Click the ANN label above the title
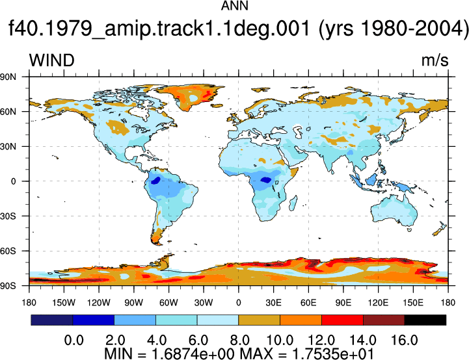tap(234, 5)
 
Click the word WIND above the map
tap(52, 60)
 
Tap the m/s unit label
tap(435, 60)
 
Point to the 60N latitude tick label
tap(8, 112)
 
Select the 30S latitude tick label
tap(8, 216)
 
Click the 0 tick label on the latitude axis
tap(13, 181)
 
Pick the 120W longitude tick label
tap(99, 303)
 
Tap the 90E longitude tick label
tap(343, 303)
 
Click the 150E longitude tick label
tap(413, 303)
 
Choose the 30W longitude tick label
tap(204, 303)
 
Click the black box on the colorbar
tap(425, 320)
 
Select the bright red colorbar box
tap(342, 320)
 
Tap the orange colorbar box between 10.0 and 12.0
tap(301, 320)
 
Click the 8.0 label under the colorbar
tap(239, 341)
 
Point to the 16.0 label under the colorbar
tap(405, 341)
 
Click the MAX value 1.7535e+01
tap(332, 354)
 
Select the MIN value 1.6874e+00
tap(193, 354)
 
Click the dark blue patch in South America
tap(155, 181)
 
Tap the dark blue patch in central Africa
tap(265, 180)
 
